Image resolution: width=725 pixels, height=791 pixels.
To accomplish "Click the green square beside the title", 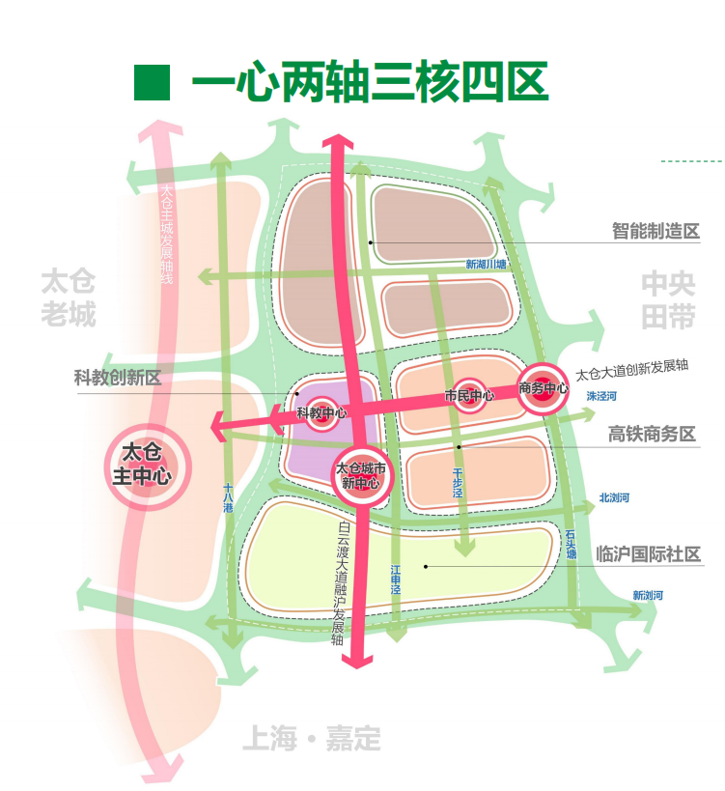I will point(152,83).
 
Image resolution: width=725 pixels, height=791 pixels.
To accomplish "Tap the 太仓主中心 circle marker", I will point(147,464).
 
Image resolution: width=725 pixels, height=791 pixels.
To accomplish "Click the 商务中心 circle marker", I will point(543,388).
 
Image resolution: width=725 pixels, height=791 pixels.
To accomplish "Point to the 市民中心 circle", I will point(469,395).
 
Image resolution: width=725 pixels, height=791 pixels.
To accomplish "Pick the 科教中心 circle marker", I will point(321,413).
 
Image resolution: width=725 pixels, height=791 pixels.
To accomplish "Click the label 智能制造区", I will point(655,232).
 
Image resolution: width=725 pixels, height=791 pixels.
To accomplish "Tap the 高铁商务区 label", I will point(652,435).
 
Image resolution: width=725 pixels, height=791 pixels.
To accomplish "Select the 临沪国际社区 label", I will point(648,554).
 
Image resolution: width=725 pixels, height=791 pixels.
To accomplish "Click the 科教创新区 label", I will point(118,378).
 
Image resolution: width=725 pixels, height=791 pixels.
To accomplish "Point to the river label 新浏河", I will point(648,595).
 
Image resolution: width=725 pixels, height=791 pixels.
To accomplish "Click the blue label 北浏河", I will point(614,498).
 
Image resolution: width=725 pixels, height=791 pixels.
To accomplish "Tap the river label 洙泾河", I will point(600,396).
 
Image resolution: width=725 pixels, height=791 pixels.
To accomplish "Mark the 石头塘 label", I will point(572,546).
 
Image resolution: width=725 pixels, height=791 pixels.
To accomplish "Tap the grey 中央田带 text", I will point(668,300).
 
